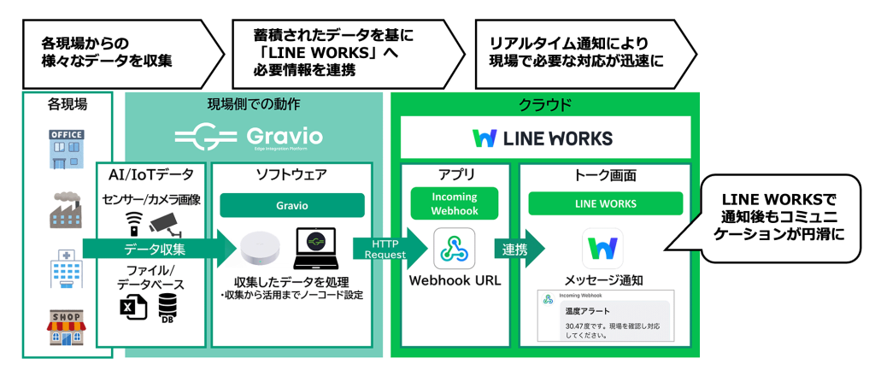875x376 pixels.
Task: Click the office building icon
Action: [67, 150]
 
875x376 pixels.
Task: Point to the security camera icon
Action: [165, 224]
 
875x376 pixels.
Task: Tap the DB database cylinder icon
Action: [167, 308]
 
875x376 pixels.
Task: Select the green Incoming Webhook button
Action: [454, 203]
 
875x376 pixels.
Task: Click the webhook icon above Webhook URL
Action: [454, 248]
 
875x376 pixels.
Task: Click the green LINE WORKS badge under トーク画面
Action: [605, 203]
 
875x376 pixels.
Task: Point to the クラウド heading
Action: [545, 105]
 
